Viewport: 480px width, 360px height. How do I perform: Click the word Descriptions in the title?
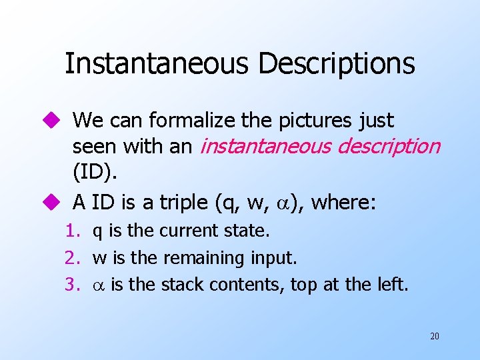pyautogui.click(x=336, y=64)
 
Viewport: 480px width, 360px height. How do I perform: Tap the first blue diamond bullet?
pyautogui.click(x=55, y=121)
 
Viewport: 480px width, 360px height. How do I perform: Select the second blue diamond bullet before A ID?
pyautogui.click(x=55, y=201)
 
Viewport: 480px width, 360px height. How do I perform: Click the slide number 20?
pyautogui.click(x=434, y=336)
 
